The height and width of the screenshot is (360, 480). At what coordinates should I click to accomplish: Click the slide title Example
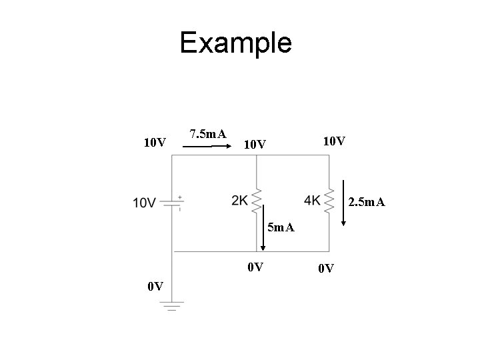click(x=235, y=43)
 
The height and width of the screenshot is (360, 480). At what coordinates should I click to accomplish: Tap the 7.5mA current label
click(x=207, y=134)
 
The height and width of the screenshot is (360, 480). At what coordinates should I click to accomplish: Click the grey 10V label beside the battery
click(x=145, y=203)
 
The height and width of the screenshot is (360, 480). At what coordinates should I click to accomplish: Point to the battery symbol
click(x=172, y=203)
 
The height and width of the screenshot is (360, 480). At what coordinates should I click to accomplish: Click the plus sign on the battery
click(x=180, y=197)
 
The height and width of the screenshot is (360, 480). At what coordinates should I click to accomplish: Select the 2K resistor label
click(x=240, y=201)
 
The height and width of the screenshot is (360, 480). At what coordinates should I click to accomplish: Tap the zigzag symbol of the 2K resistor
click(x=257, y=201)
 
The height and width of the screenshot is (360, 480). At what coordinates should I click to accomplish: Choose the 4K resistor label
click(x=312, y=200)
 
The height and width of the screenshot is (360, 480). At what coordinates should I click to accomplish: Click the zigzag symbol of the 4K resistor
click(x=329, y=200)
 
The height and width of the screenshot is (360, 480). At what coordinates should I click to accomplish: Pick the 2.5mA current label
click(x=366, y=201)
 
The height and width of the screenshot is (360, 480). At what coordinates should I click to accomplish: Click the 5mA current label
click(x=280, y=228)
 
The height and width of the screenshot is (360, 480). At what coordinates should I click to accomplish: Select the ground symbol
click(x=172, y=307)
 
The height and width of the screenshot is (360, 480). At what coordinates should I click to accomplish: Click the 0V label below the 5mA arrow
click(x=255, y=268)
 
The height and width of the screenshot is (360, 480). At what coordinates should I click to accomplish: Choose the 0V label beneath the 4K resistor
click(x=326, y=269)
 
